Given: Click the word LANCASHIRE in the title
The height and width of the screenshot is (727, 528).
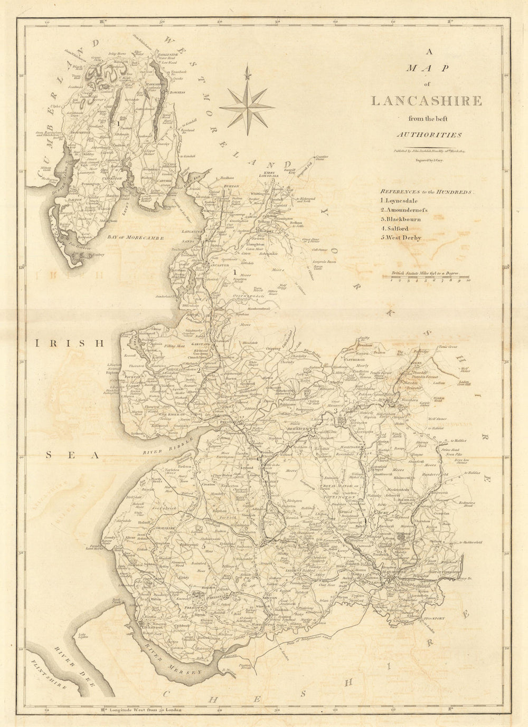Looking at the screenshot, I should (x=426, y=101).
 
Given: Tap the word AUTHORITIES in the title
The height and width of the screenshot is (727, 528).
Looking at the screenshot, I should (x=429, y=135).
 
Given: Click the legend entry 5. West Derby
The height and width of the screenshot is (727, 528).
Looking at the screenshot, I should (x=400, y=237).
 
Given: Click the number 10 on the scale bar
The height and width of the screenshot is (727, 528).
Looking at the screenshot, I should (x=468, y=280).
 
